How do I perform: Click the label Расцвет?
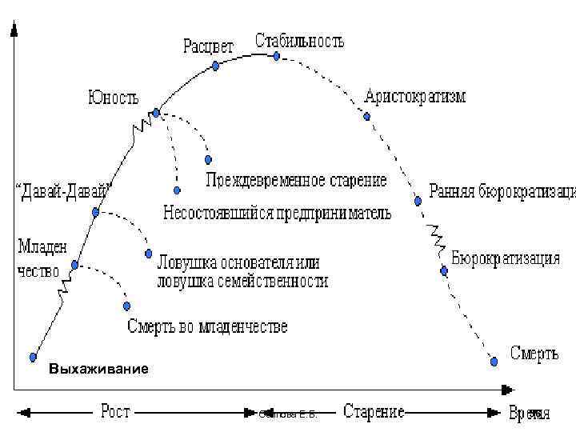pos(208,46)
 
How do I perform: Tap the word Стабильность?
pos(300,39)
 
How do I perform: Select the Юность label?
pos(113,98)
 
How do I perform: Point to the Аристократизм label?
pos(414,97)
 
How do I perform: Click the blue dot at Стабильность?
pos(277,56)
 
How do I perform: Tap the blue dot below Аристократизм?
pos(367,116)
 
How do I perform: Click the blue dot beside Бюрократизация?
pos(444,270)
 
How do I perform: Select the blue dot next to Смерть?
pos(494,362)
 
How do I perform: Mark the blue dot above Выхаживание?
pos(34,357)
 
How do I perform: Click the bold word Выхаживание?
pos(98,370)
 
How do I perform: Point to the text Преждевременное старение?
pos(296,180)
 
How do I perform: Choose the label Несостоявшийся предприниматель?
pos(277,214)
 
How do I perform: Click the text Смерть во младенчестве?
pos(207,326)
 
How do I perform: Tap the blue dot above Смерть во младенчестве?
pos(126,306)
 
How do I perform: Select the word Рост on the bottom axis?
pos(115,412)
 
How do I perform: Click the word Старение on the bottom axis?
pos(374,412)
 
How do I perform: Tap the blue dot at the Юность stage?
pos(157,112)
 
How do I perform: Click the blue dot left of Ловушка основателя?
pos(149,254)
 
